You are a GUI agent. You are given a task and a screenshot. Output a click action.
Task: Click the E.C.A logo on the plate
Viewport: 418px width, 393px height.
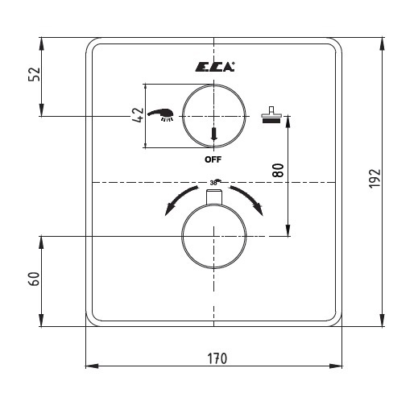coord(215,67)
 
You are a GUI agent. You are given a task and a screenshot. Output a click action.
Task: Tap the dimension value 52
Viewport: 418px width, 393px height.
coord(34,74)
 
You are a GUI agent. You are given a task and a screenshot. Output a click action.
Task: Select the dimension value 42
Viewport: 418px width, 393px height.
coord(138,115)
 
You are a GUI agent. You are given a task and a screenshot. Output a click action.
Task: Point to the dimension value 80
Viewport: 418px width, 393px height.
coord(278,170)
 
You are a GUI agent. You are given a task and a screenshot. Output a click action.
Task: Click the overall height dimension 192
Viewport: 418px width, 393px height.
coord(375,179)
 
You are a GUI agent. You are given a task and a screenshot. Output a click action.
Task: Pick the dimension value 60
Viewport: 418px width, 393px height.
coord(34,279)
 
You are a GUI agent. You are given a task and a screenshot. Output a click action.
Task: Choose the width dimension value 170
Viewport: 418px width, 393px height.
coord(217,358)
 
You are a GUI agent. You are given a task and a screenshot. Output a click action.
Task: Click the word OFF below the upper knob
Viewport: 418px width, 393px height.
coord(213,159)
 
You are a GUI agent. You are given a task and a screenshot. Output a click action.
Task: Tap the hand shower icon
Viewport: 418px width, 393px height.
coord(160,115)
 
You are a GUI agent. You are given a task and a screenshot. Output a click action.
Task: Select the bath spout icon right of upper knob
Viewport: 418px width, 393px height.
coord(271,115)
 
